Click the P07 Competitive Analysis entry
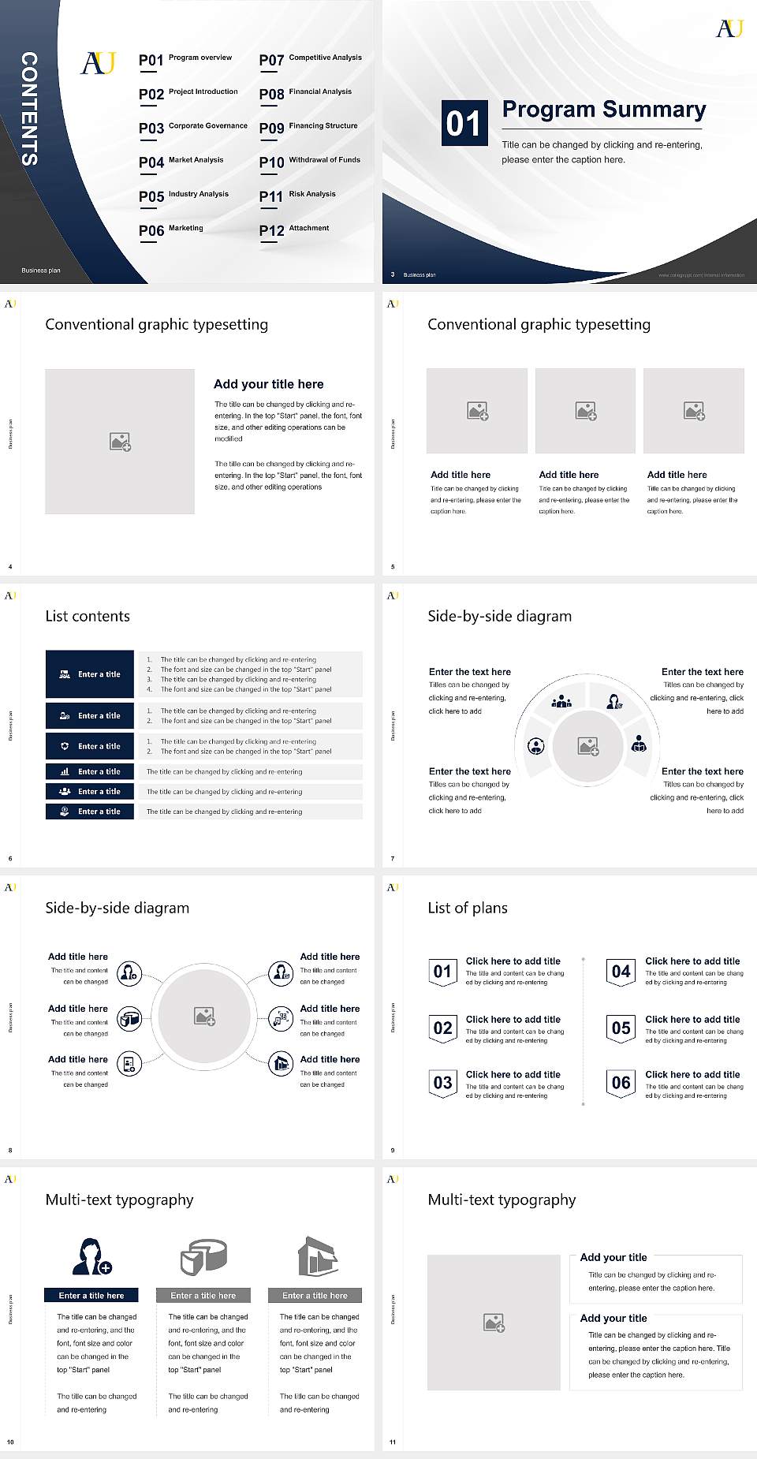tap(310, 59)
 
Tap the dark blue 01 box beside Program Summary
tap(464, 123)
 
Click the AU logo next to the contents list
tap(99, 63)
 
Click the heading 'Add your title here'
tap(268, 384)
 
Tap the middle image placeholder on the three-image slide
tap(585, 411)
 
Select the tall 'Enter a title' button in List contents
tap(90, 674)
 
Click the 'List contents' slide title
tap(88, 617)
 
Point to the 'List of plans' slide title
tap(468, 909)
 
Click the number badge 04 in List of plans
tap(621, 972)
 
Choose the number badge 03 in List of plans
tap(442, 1083)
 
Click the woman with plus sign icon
tap(91, 1257)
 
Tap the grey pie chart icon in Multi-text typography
tap(203, 1256)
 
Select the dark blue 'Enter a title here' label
tap(91, 1295)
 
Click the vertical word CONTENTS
tap(29, 109)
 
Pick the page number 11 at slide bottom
tap(393, 1442)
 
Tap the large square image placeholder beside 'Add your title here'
tap(120, 442)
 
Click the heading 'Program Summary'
tap(604, 110)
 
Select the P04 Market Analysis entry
tap(181, 162)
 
